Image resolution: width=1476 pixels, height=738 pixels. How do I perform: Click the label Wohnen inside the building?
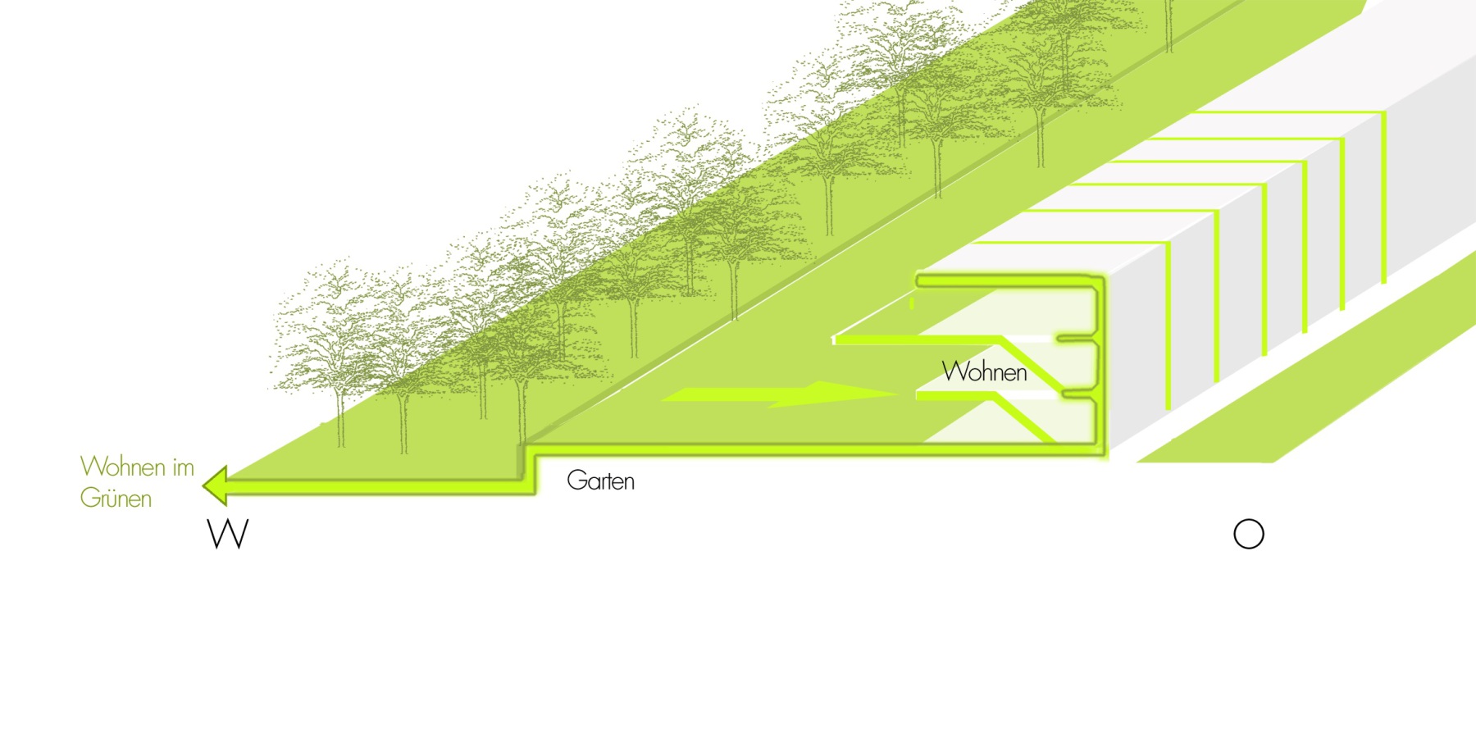click(x=984, y=372)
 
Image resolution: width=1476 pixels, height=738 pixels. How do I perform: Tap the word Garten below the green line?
click(x=600, y=481)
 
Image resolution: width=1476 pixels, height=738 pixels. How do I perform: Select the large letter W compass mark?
click(x=228, y=534)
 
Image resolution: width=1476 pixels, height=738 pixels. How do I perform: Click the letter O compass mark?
click(x=1248, y=534)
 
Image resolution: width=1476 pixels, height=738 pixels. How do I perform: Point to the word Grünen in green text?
click(x=116, y=499)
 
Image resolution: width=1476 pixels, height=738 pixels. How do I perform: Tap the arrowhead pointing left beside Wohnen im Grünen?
click(x=216, y=485)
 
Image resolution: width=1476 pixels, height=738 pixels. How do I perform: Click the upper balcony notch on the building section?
click(x=1068, y=338)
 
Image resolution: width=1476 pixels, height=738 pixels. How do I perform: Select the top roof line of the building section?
click(x=1009, y=281)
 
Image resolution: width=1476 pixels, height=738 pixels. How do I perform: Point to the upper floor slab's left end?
click(x=836, y=339)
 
